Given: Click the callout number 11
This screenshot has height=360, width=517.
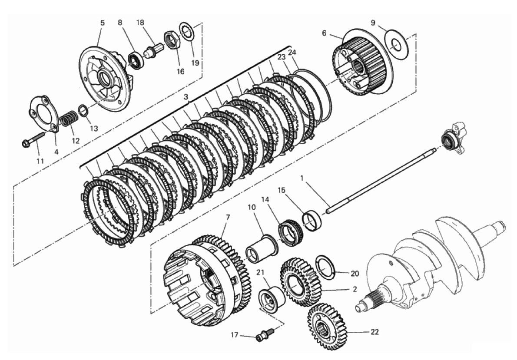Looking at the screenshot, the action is (40, 161).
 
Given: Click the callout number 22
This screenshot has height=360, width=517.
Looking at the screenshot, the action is (374, 332).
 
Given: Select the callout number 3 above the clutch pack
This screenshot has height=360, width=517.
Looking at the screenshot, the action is (186, 97).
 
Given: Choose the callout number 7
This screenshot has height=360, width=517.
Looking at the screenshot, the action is (228, 218).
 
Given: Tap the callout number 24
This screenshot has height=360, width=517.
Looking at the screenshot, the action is (292, 53).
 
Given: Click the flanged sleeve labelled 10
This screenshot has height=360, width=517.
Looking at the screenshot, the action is (262, 249).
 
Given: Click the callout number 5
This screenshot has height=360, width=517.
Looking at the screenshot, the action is (102, 23).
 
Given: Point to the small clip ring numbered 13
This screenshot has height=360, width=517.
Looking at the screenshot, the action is (83, 110).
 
